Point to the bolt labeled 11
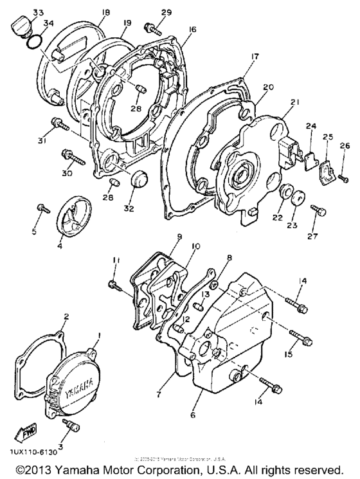tap(115, 284)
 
